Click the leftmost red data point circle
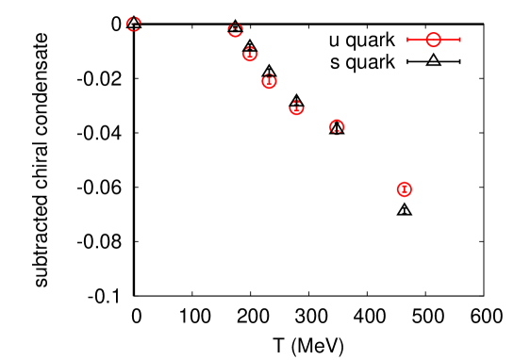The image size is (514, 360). (134, 25)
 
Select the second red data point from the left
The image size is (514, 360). (235, 30)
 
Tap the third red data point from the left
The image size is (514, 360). (250, 55)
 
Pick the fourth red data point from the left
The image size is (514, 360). (269, 82)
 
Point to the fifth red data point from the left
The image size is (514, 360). (296, 108)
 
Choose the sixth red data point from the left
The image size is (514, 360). (337, 126)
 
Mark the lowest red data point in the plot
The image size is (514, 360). (405, 189)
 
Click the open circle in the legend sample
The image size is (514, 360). (434, 40)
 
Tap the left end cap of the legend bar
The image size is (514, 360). (407, 40)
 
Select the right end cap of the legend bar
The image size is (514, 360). (460, 40)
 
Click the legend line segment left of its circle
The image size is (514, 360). (417, 40)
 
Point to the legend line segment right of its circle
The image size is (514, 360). (451, 40)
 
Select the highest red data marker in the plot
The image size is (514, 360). (134, 25)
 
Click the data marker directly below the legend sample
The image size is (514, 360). (405, 189)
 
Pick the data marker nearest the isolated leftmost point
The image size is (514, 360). (235, 30)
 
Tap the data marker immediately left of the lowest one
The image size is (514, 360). (337, 126)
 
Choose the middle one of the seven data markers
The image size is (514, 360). (269, 82)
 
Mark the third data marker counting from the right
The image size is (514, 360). (296, 108)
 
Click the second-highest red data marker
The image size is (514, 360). (235, 30)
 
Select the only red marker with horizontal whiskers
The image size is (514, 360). (434, 40)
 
